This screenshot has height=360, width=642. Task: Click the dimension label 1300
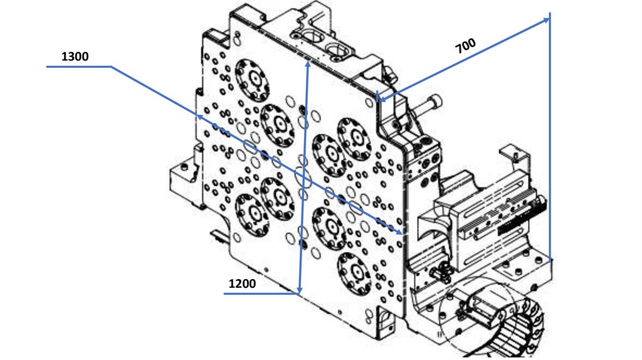pos(75,56)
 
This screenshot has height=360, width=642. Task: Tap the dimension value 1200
pos(242,283)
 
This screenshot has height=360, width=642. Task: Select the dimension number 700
pos(466,45)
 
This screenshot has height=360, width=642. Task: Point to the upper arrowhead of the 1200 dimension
pos(307,65)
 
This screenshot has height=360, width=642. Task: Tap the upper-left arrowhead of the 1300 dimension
pos(200,117)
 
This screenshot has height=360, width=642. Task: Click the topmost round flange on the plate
pos(253,80)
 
